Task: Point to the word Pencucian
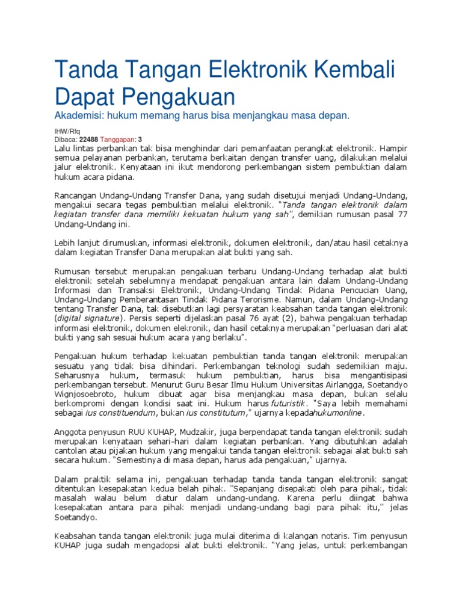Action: [350, 290]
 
